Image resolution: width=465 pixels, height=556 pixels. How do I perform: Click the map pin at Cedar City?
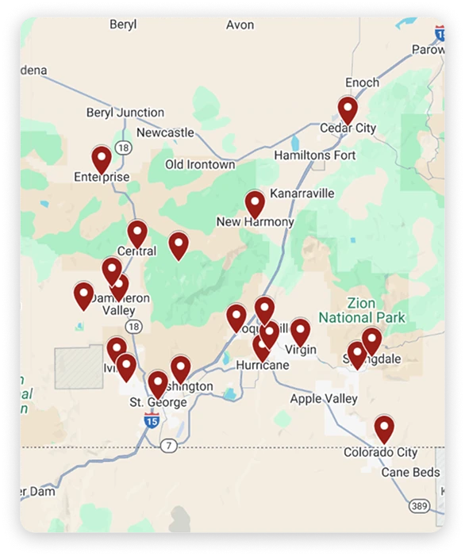coord(348,109)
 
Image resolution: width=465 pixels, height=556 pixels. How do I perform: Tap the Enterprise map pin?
coord(102,158)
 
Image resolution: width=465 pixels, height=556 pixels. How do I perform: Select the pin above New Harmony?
coord(255,203)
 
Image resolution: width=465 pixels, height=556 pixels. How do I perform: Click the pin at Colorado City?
coord(384,428)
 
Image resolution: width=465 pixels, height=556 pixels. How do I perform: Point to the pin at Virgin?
coord(300,332)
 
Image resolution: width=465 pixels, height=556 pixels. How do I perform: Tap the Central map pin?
coord(137,233)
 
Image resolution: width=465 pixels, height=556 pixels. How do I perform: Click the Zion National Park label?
coord(362,310)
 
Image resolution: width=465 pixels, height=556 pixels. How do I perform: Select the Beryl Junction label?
coord(125,113)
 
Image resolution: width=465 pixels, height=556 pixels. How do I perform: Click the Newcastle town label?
coord(165,132)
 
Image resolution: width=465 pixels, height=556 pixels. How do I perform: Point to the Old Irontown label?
coord(200,164)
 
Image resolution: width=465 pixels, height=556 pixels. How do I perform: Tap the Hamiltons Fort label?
coord(315,155)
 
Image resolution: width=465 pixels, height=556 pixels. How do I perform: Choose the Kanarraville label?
coord(302,194)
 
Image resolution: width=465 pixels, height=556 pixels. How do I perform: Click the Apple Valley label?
coord(324,399)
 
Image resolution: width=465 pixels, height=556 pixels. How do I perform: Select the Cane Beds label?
coord(410,473)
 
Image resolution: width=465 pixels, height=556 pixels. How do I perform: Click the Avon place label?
coord(240,25)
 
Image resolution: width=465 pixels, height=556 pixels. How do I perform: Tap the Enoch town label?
coord(362,82)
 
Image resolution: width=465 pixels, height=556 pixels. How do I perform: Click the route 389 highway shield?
coord(420,505)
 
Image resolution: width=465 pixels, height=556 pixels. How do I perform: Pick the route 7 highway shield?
coord(167,447)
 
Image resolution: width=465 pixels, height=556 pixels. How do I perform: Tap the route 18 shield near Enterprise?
coord(123,148)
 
